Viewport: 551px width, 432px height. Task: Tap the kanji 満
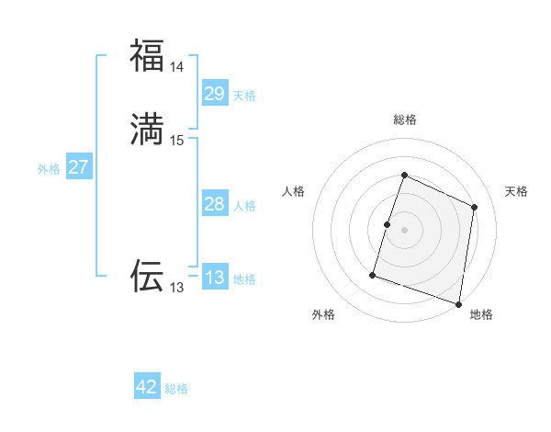(x=147, y=130)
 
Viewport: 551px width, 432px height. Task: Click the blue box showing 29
(x=214, y=93)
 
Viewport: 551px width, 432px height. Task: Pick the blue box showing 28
(x=214, y=204)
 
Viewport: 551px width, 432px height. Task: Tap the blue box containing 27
(x=78, y=167)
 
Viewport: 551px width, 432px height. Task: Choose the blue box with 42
(x=147, y=387)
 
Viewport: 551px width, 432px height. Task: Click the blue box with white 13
(x=214, y=278)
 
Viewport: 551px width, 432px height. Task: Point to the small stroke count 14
(x=176, y=67)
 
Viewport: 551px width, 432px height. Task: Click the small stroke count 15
(x=176, y=141)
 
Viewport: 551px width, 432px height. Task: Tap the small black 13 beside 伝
(x=176, y=288)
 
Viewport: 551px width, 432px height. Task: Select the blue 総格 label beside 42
(x=176, y=389)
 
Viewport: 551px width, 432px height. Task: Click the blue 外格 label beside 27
(x=49, y=169)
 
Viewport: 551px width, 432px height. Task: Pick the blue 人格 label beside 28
(x=244, y=206)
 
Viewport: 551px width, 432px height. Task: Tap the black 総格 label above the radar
(x=404, y=119)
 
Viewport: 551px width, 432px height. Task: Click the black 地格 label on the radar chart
(x=481, y=314)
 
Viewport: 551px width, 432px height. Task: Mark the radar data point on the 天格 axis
(x=475, y=207)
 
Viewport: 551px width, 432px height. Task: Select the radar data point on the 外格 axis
(x=373, y=275)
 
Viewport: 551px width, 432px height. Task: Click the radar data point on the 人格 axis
(x=387, y=224)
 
